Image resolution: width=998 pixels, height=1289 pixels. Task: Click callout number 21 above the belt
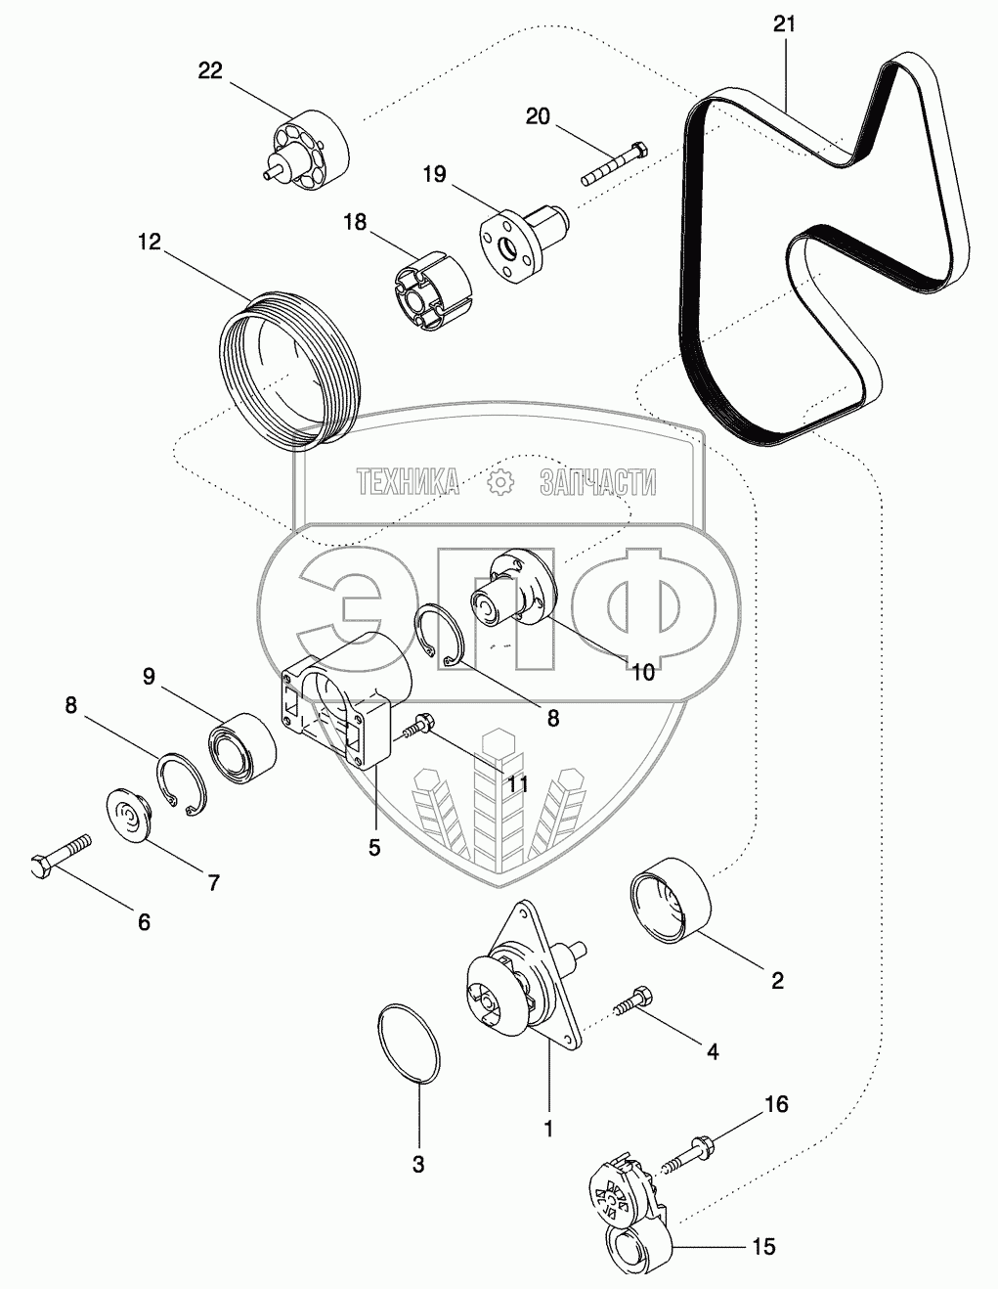tap(784, 24)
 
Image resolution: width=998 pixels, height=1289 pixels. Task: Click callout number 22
tap(210, 70)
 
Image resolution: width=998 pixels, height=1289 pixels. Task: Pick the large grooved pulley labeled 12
tap(288, 367)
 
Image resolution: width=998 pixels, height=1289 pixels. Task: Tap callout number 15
tap(763, 1246)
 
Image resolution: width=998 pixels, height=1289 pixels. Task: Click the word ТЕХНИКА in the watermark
tap(408, 481)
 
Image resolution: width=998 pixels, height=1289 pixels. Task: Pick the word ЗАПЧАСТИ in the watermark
tap(596, 481)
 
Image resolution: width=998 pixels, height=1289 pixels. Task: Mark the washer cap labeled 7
tap(128, 814)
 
